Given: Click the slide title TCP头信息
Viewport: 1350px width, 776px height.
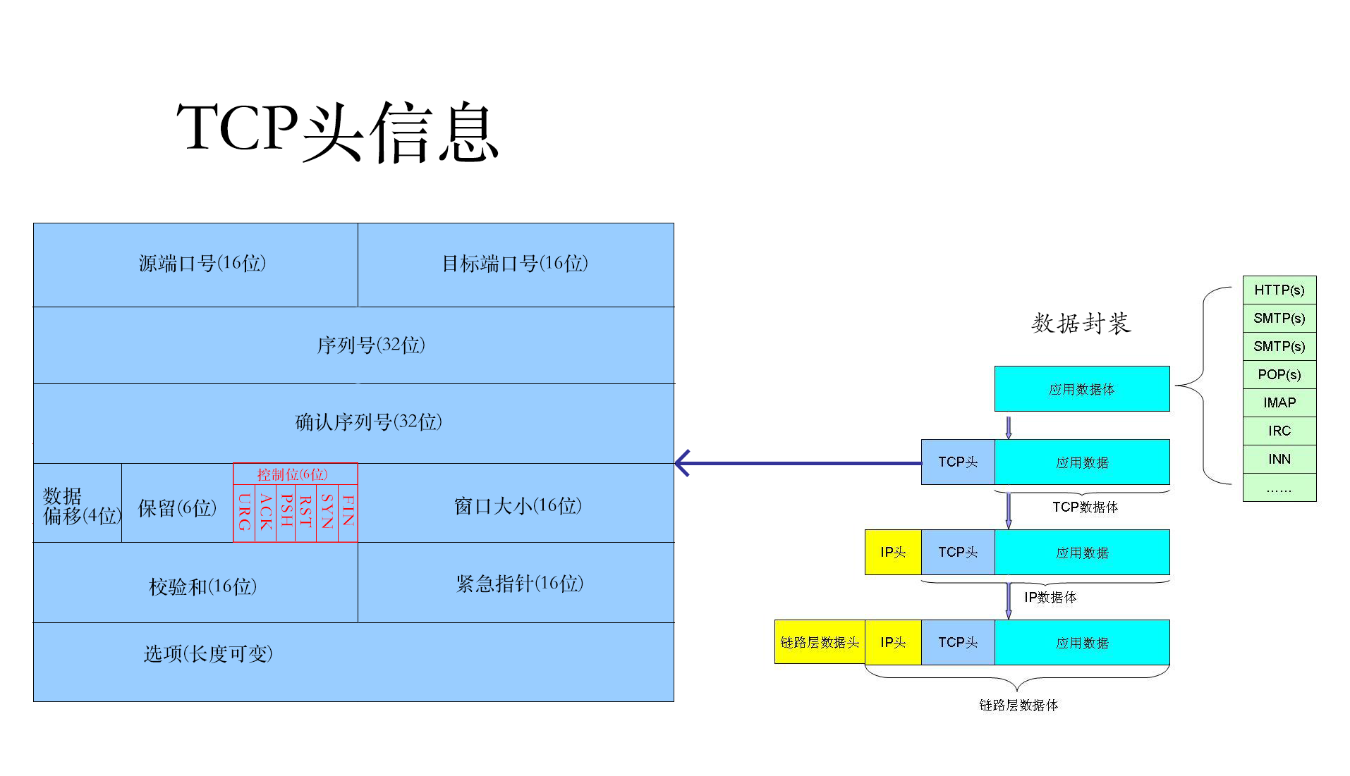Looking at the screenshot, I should click(x=337, y=131).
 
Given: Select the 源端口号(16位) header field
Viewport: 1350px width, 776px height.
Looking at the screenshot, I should click(x=202, y=264).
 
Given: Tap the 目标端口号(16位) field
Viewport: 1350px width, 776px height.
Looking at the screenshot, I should click(x=515, y=264).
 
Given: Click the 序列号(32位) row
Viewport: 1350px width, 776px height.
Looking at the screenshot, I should click(x=370, y=345).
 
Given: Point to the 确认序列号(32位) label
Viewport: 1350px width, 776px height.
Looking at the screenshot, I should click(x=368, y=422).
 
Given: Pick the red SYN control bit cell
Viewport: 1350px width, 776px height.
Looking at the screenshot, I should click(x=327, y=512).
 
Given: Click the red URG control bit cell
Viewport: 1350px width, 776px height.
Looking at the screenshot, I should click(x=244, y=512).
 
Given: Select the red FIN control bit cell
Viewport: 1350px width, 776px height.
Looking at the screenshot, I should click(x=348, y=512).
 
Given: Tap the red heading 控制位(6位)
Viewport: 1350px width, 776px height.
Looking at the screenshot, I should click(x=293, y=474).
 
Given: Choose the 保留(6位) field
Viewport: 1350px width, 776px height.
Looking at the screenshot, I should click(x=177, y=508).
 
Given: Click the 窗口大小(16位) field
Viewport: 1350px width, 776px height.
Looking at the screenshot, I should click(x=518, y=506).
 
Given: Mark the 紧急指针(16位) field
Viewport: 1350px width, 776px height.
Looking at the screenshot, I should click(x=519, y=584).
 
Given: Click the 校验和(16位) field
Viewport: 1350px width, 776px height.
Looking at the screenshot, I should click(x=202, y=586).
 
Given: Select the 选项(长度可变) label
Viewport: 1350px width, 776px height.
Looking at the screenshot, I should click(x=208, y=654).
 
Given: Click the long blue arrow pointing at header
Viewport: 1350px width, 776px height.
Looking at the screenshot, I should click(x=797, y=463).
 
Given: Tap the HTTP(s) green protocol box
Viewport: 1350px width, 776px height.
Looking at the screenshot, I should click(x=1279, y=290).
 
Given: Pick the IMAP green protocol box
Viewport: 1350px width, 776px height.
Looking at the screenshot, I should click(x=1279, y=402).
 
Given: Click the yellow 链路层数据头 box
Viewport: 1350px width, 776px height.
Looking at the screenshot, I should click(x=819, y=642).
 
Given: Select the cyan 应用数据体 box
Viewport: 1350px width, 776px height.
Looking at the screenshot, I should click(x=1081, y=389).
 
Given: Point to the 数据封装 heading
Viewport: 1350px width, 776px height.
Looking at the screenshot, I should click(x=1081, y=324).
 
